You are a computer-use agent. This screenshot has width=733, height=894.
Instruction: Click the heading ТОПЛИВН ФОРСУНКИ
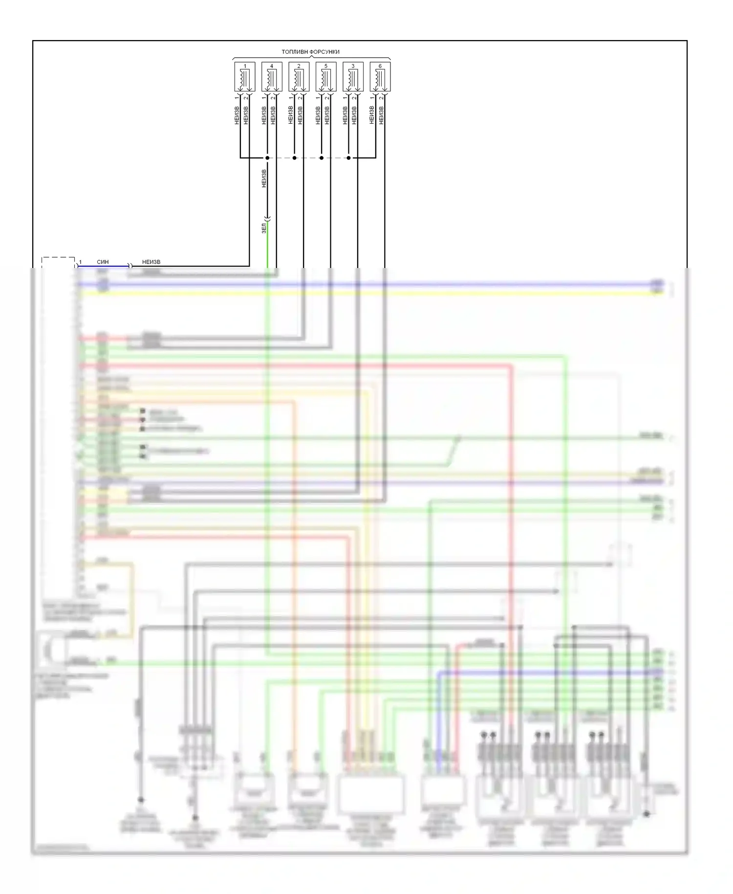[310, 52]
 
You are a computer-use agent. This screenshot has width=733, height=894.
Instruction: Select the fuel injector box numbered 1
[245, 76]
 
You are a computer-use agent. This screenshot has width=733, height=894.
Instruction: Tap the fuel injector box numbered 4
[272, 76]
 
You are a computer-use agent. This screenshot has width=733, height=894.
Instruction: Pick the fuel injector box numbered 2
[299, 76]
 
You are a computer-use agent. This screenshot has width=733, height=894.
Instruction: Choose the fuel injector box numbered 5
[326, 76]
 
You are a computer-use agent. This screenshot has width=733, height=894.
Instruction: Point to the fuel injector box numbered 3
[353, 76]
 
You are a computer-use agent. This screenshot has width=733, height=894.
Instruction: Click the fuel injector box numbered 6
[380, 76]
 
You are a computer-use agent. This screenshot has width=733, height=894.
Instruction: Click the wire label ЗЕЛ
[264, 228]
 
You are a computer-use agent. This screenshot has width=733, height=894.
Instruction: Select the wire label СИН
[103, 262]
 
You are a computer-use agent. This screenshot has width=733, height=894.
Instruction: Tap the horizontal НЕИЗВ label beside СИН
[151, 262]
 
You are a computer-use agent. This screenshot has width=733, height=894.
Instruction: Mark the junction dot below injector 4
[267, 158]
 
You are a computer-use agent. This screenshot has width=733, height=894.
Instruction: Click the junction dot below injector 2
[294, 158]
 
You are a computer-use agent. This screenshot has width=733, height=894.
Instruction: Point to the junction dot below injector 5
[322, 158]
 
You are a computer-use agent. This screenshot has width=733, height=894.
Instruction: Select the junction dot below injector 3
[348, 158]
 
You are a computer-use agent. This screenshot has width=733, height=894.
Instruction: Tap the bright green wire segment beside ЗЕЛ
[267, 245]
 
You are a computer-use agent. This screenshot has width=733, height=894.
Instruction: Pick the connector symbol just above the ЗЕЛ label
[267, 218]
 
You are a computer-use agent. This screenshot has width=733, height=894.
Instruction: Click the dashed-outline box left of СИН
[58, 263]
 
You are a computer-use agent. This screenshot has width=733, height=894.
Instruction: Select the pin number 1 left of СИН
[81, 262]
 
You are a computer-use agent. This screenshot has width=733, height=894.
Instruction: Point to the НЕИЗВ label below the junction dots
[264, 179]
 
